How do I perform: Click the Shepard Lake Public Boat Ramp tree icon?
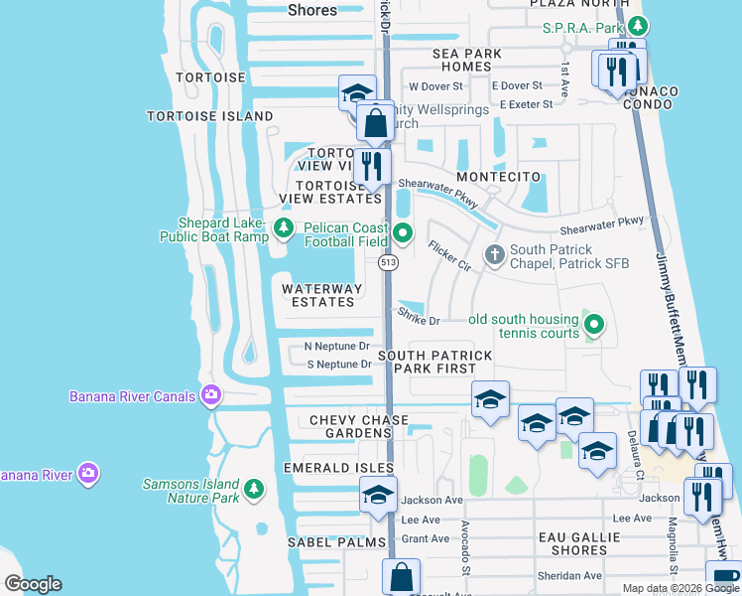pyautogui.click(x=285, y=229)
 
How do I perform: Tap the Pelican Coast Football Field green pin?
pyautogui.click(x=403, y=234)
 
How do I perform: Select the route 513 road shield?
pyautogui.click(x=388, y=262)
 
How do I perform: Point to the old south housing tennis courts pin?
pyautogui.click(x=594, y=325)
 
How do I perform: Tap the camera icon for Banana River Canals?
pyautogui.click(x=210, y=396)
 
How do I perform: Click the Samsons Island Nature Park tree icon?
pyautogui.click(x=255, y=489)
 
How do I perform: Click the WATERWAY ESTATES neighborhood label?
pyautogui.click(x=318, y=295)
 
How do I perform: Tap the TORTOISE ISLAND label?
pyautogui.click(x=210, y=116)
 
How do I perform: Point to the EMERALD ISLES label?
pyautogui.click(x=338, y=467)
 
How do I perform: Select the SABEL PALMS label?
pyautogui.click(x=335, y=542)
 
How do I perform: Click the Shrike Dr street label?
pyautogui.click(x=419, y=320)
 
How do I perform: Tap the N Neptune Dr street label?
pyautogui.click(x=337, y=347)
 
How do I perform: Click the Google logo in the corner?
pyautogui.click(x=33, y=584)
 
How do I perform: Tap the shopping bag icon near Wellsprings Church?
pyautogui.click(x=376, y=124)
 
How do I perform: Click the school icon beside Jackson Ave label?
pyautogui.click(x=378, y=495)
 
